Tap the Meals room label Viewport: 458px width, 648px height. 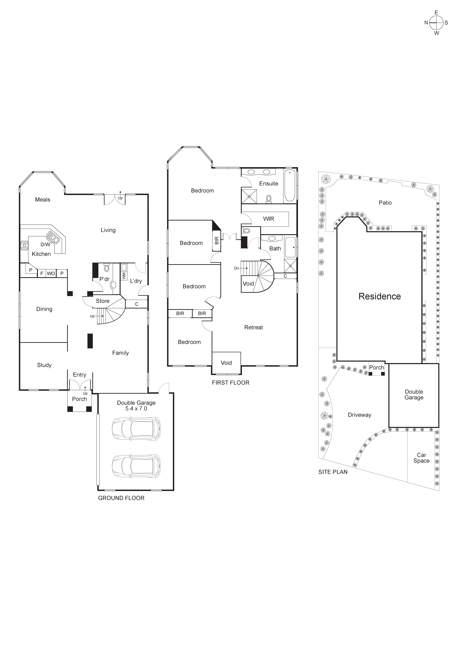(x=43, y=200)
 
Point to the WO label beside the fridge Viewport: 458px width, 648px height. (x=51, y=274)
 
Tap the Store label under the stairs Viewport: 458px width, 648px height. (x=103, y=301)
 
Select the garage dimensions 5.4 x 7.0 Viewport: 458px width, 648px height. (x=136, y=408)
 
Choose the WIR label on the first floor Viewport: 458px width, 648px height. (x=269, y=219)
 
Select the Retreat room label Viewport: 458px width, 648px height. (x=254, y=327)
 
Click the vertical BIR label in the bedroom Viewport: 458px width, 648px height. (x=217, y=240)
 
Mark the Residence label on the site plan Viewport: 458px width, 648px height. (x=380, y=296)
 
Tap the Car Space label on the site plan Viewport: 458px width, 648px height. (x=421, y=458)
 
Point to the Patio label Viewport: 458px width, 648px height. (x=385, y=203)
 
